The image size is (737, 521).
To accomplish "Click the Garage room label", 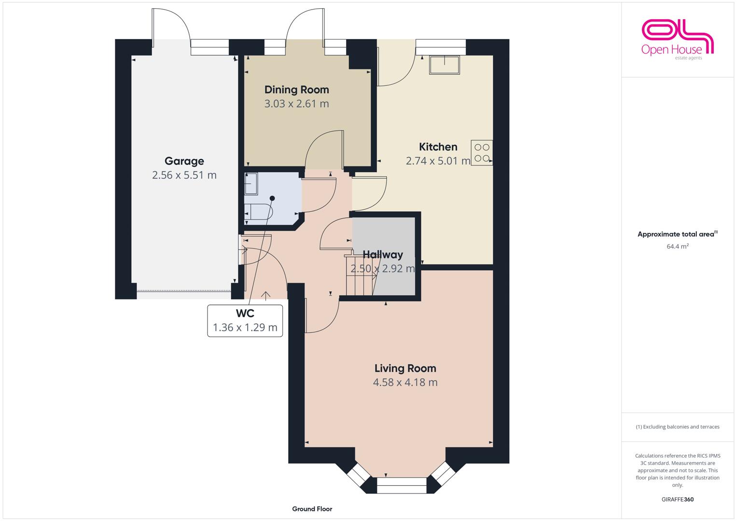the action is point(184,161).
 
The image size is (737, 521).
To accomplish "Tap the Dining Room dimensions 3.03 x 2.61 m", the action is point(296,104).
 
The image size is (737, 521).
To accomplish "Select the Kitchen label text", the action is point(438,147).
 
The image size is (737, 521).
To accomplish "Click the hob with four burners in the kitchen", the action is point(482,152).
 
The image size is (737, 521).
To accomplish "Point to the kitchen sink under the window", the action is point(444,65).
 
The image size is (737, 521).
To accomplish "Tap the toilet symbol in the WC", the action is point(259,211).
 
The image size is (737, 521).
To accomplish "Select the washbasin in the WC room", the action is point(250,184).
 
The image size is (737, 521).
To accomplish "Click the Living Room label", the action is point(405,368).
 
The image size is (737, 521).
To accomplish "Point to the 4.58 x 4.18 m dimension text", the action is point(405,382).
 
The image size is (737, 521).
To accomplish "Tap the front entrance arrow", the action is point(265,296).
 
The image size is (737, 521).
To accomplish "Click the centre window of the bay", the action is point(402,485).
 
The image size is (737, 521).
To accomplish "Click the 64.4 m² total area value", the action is point(678,246).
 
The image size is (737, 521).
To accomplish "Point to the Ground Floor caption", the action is point(312,509).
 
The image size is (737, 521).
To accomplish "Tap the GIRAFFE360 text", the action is point(678,499).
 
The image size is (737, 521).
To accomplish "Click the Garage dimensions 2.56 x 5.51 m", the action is point(184,175).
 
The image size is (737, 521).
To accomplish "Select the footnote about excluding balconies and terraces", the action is point(678,426).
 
